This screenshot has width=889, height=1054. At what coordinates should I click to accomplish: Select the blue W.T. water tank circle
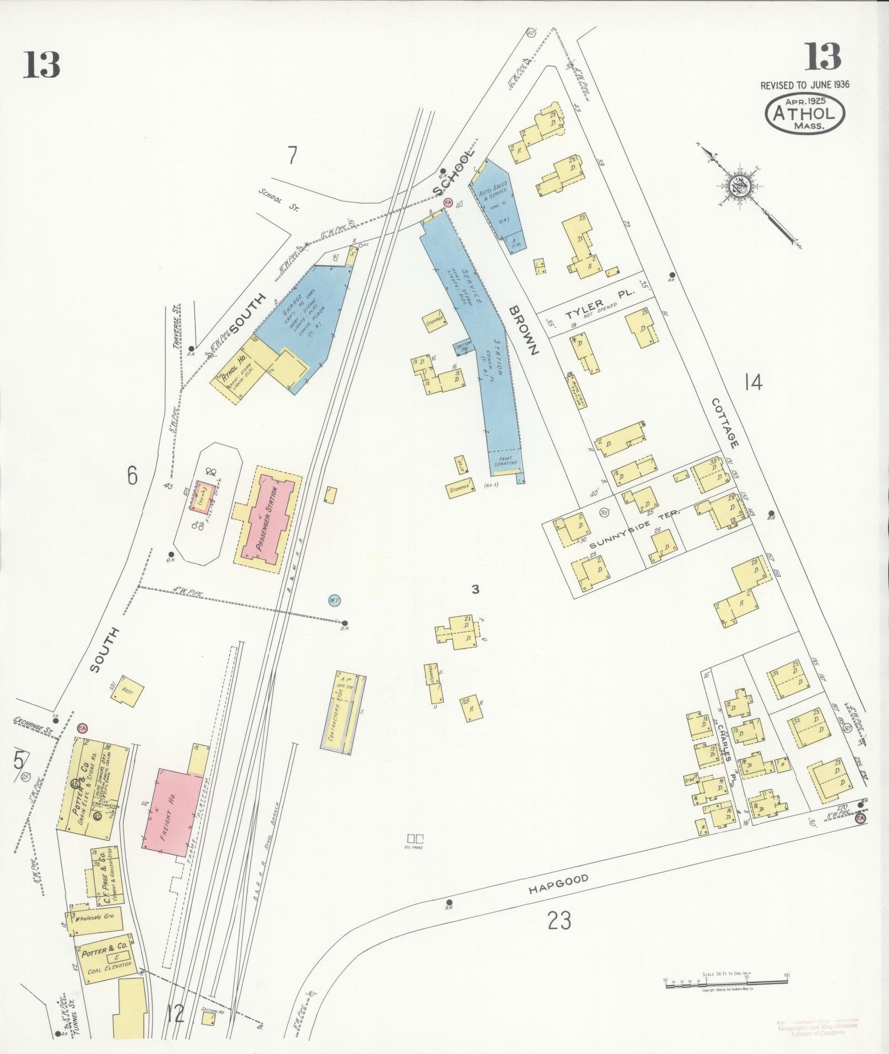point(333,599)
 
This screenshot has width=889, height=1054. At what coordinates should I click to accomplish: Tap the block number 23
point(559,920)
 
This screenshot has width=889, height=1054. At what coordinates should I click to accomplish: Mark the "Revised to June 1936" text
point(805,85)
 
